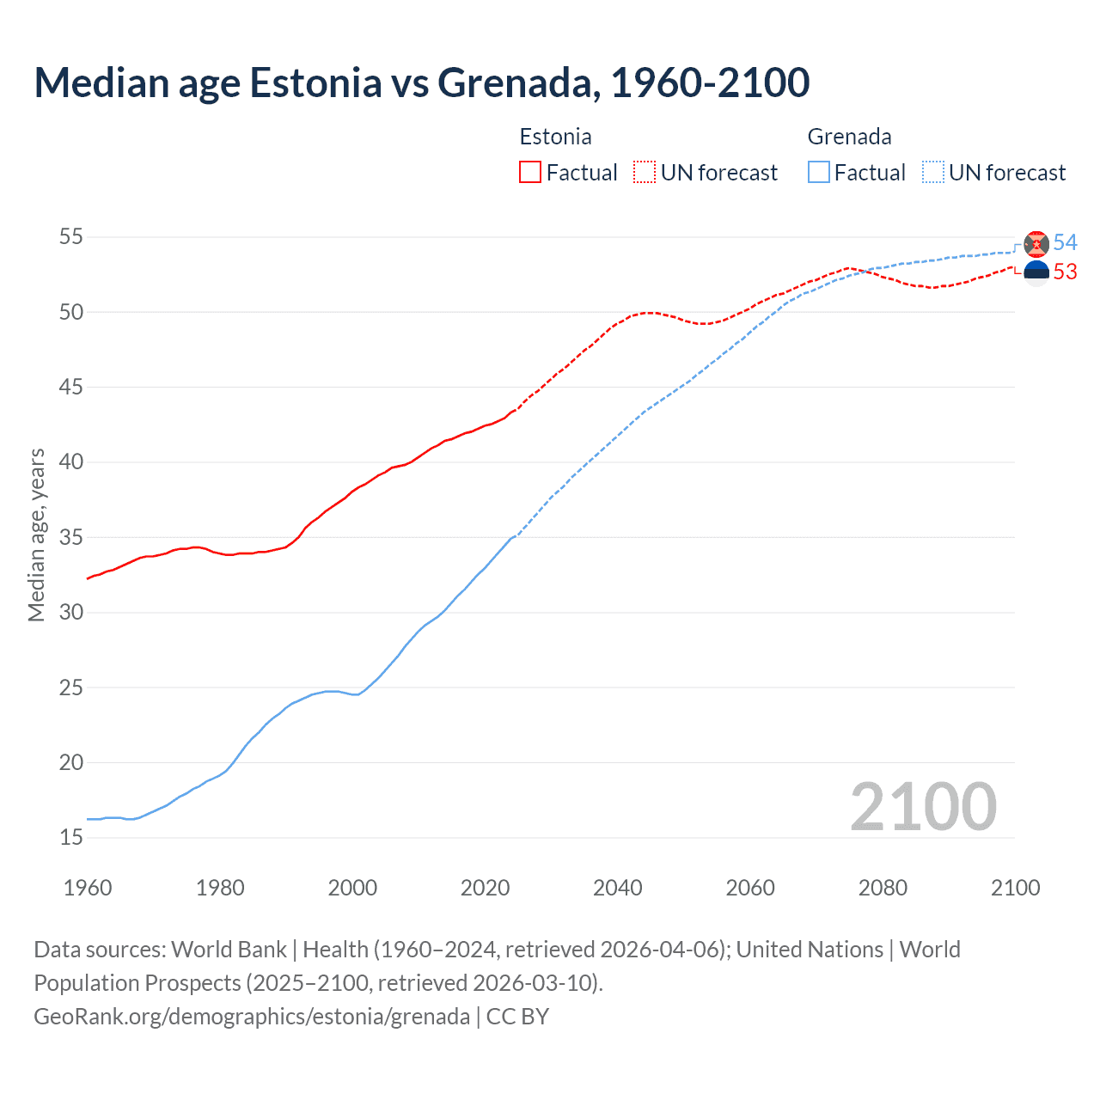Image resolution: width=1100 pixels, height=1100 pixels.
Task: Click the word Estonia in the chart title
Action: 315,82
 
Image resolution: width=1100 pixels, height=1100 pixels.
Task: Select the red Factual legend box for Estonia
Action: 530,173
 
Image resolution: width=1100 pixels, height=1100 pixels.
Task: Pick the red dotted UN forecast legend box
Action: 645,173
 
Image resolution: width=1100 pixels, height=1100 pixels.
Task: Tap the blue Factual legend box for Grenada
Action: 819,173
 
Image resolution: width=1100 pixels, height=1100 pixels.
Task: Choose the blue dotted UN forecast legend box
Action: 933,173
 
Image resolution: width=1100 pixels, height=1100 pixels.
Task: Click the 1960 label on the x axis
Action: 88,888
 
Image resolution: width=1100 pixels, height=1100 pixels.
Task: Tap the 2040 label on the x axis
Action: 617,888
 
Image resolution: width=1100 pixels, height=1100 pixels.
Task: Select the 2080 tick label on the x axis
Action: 883,888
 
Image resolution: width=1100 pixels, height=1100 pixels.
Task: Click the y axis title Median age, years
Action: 36,535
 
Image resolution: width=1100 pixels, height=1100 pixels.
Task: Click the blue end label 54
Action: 1065,242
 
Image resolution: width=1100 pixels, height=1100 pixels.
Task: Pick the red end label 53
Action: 1065,272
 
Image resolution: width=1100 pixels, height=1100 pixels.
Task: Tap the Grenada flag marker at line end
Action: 1036,244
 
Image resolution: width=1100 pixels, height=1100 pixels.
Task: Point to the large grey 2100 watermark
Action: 923,807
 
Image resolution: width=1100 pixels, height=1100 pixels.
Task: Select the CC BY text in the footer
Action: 517,1017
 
